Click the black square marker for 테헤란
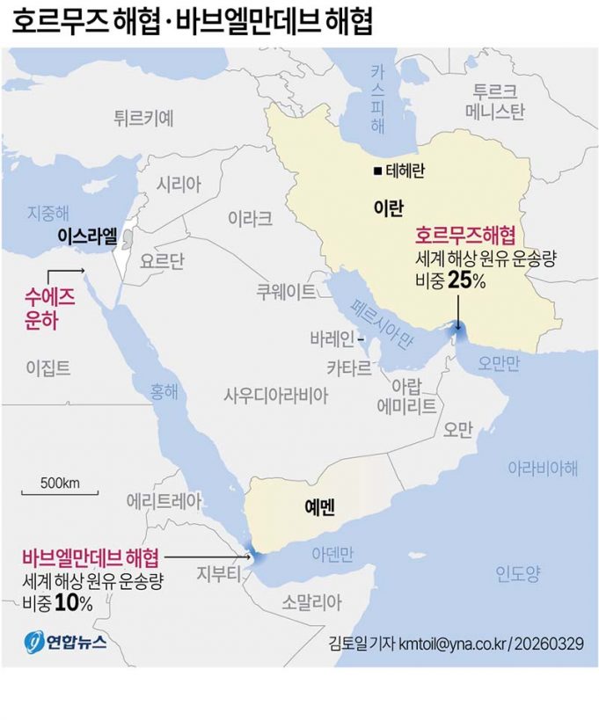coord(377,171)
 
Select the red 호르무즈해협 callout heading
coord(464,236)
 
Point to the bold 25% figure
coord(466,280)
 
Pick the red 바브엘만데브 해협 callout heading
coord(91,556)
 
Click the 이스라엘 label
coord(86,236)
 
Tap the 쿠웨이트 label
coord(285,291)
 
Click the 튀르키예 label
coord(143,117)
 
